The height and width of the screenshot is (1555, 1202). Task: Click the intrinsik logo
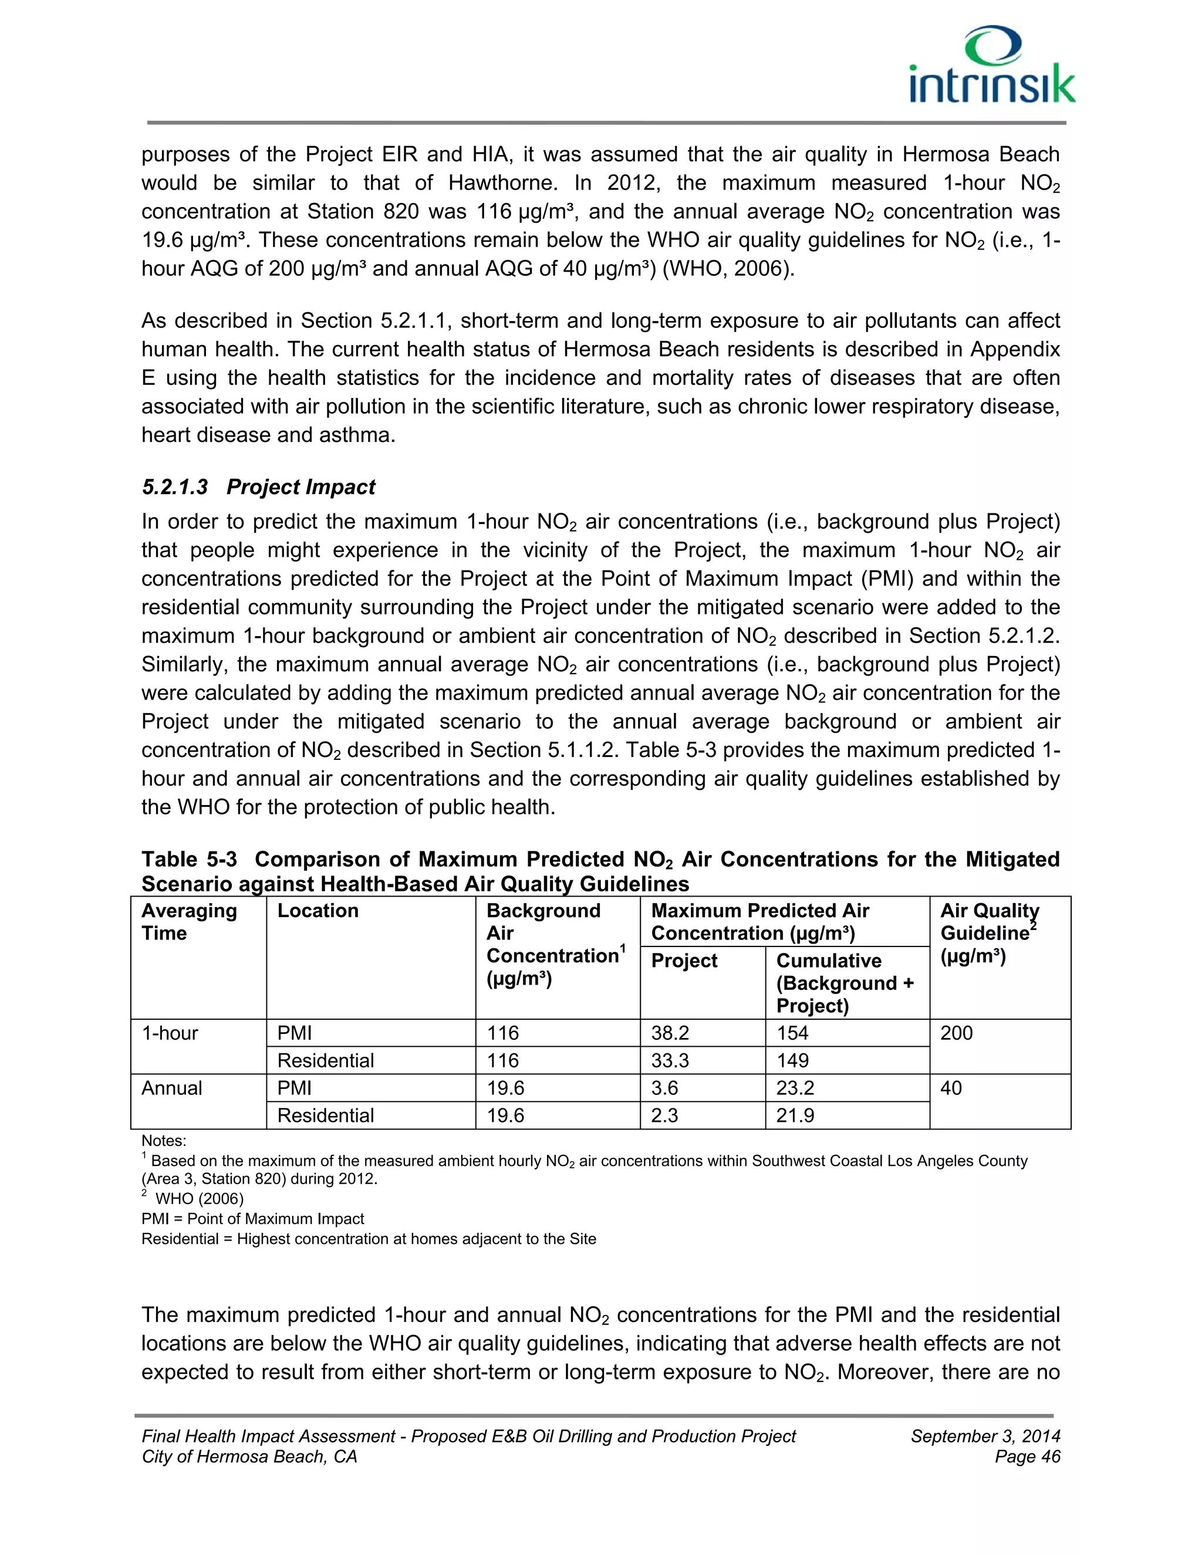992,66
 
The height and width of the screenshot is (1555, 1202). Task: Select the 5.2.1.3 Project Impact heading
258,487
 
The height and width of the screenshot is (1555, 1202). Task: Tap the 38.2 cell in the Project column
670,1033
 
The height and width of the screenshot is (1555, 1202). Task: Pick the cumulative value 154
792,1033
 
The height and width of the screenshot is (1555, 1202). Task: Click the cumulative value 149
792,1061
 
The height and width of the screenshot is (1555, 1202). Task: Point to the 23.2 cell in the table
795,1088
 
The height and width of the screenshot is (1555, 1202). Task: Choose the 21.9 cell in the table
795,1115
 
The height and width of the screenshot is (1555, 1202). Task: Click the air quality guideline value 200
956,1033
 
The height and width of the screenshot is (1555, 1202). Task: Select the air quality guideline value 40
951,1088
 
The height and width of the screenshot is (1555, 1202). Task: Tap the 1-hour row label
170,1033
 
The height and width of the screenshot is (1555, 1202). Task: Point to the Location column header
318,911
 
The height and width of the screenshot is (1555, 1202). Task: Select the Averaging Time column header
189,921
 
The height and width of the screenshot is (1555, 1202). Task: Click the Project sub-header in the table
684,961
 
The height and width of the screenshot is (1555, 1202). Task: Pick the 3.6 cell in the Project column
665,1088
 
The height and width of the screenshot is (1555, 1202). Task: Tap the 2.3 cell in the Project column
665,1115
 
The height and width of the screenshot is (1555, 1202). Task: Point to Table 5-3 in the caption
189,860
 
